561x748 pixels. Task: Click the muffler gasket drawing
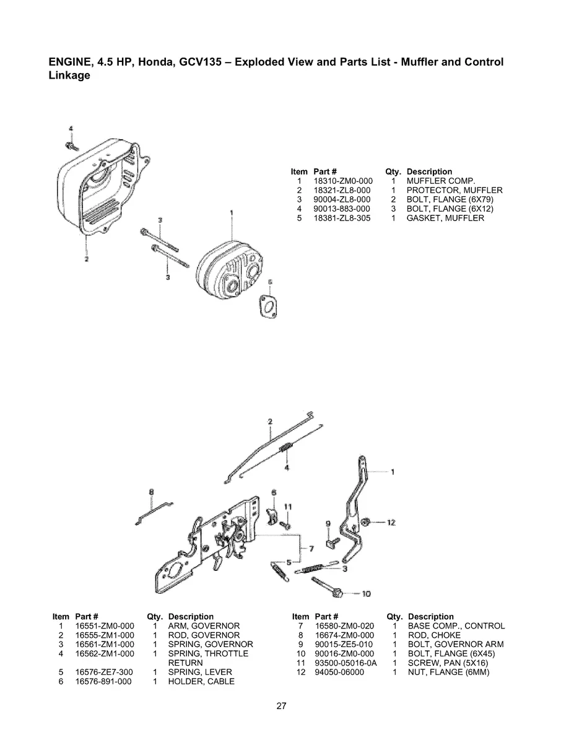point(269,303)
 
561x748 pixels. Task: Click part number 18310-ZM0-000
point(342,181)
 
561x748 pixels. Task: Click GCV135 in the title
point(191,62)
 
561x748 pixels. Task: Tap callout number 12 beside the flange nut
point(391,523)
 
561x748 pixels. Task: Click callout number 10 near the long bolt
point(366,594)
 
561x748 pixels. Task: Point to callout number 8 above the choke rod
point(151,492)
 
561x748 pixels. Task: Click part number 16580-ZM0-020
point(344,626)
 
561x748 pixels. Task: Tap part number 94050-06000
point(339,672)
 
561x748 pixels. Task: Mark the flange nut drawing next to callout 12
point(367,521)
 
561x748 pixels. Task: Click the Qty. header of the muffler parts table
point(393,172)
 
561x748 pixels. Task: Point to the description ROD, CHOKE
point(434,635)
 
